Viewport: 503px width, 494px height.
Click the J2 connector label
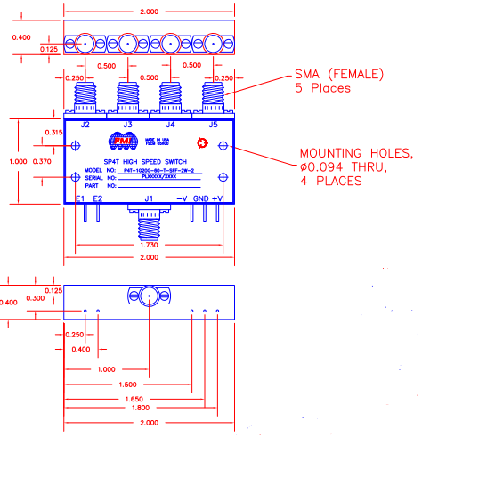pyautogui.click(x=85, y=125)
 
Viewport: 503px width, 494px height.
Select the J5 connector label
pyautogui.click(x=213, y=125)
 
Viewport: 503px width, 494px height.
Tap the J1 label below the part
pyautogui.click(x=149, y=198)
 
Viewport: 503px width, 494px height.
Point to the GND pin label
pyautogui.click(x=201, y=198)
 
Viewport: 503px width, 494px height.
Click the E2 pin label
pyautogui.click(x=97, y=198)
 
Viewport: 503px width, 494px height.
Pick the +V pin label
pyautogui.click(x=218, y=198)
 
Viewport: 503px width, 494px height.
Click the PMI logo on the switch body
pyautogui.click(x=120, y=141)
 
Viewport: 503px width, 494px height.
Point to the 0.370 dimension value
pyautogui.click(x=41, y=161)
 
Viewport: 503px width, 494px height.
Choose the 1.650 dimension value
pyautogui.click(x=134, y=399)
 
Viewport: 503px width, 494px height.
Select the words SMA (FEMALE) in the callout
pyautogui.click(x=342, y=75)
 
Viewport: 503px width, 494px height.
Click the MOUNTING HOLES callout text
pyautogui.click(x=355, y=153)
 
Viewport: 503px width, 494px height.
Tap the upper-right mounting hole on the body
pyautogui.click(x=223, y=145)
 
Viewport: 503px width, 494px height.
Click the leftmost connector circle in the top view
pyautogui.click(x=85, y=44)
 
